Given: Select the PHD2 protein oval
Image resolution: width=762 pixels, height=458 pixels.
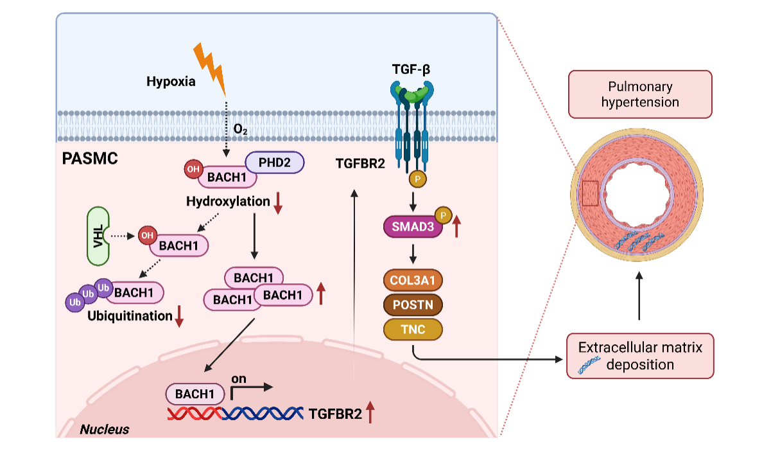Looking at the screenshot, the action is tap(275, 163).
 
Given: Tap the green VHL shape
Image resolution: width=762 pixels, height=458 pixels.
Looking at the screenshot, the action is tap(98, 236).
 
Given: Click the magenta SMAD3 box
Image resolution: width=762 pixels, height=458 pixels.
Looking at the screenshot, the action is tap(413, 227).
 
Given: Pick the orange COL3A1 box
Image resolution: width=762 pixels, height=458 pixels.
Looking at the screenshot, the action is tap(413, 280).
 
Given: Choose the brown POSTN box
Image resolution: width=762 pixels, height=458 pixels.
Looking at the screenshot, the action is tap(413, 305).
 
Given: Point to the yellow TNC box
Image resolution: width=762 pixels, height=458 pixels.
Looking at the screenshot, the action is tap(413, 330).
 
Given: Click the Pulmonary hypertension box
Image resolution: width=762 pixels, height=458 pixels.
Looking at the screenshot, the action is tap(640, 94).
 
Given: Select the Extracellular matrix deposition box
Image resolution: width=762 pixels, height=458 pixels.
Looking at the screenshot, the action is tap(640, 356).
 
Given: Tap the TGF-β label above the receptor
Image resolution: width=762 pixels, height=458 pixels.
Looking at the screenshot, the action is tap(411, 69).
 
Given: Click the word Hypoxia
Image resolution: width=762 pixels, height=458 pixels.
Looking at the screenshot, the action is tap(171, 82).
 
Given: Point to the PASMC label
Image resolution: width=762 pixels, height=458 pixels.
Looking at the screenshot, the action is tap(90, 159).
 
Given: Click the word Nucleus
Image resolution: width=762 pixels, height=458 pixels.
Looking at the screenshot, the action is tap(105, 429).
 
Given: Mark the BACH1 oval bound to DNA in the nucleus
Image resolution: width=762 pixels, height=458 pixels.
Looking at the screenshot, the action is tap(195, 394).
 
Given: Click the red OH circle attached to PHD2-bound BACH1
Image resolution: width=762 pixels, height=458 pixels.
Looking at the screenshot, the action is tap(193, 169).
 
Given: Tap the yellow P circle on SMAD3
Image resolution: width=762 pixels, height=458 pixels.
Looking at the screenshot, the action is tap(443, 215).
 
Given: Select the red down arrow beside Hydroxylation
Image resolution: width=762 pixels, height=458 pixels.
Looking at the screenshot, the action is tap(278, 203).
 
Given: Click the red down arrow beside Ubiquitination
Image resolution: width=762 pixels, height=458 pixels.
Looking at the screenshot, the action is tap(179, 316).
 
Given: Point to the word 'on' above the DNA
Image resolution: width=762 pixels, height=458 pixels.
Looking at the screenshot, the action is tap(239, 379).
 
